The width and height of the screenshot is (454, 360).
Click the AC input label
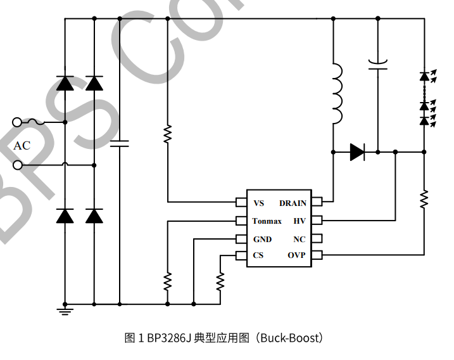pos(22,146)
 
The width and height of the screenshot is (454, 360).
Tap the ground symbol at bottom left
pos(65,310)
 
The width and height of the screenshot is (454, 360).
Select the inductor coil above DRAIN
pos(336,93)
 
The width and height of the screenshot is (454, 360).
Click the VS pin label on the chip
pos(258,203)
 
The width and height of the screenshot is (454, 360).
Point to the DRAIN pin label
pos(293,203)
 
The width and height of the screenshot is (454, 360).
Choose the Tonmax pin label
pos(267,221)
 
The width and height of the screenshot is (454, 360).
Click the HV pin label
pos(300,221)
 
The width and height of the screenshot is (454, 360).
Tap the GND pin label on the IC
pos(262,239)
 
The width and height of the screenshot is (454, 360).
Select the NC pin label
pos(300,239)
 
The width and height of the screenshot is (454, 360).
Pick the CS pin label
pos(258,255)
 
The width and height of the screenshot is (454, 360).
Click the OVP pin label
pos(296,255)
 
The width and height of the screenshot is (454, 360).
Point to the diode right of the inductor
pos(357,152)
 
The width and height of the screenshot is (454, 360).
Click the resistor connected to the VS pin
pos(168,134)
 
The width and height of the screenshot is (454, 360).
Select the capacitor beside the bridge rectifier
pos(119,144)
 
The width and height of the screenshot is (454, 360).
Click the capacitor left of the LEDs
pos(377,64)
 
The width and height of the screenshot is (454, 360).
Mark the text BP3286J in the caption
pos(169,338)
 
